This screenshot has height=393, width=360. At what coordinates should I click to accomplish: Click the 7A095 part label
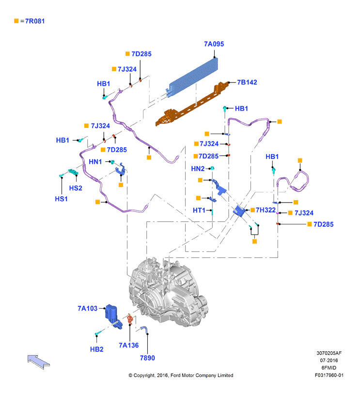click(214, 44)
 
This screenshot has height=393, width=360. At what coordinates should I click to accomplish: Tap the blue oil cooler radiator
click(193, 77)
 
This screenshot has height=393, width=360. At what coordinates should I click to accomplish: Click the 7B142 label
click(247, 82)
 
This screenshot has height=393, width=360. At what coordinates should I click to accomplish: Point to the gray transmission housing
click(168, 292)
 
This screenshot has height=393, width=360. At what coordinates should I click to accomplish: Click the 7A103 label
click(87, 308)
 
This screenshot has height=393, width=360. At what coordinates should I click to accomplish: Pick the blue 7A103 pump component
click(113, 316)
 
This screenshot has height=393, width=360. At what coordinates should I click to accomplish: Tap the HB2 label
click(97, 349)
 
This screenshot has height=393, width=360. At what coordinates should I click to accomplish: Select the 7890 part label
click(147, 358)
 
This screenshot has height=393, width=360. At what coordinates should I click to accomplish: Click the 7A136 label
click(129, 345)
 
